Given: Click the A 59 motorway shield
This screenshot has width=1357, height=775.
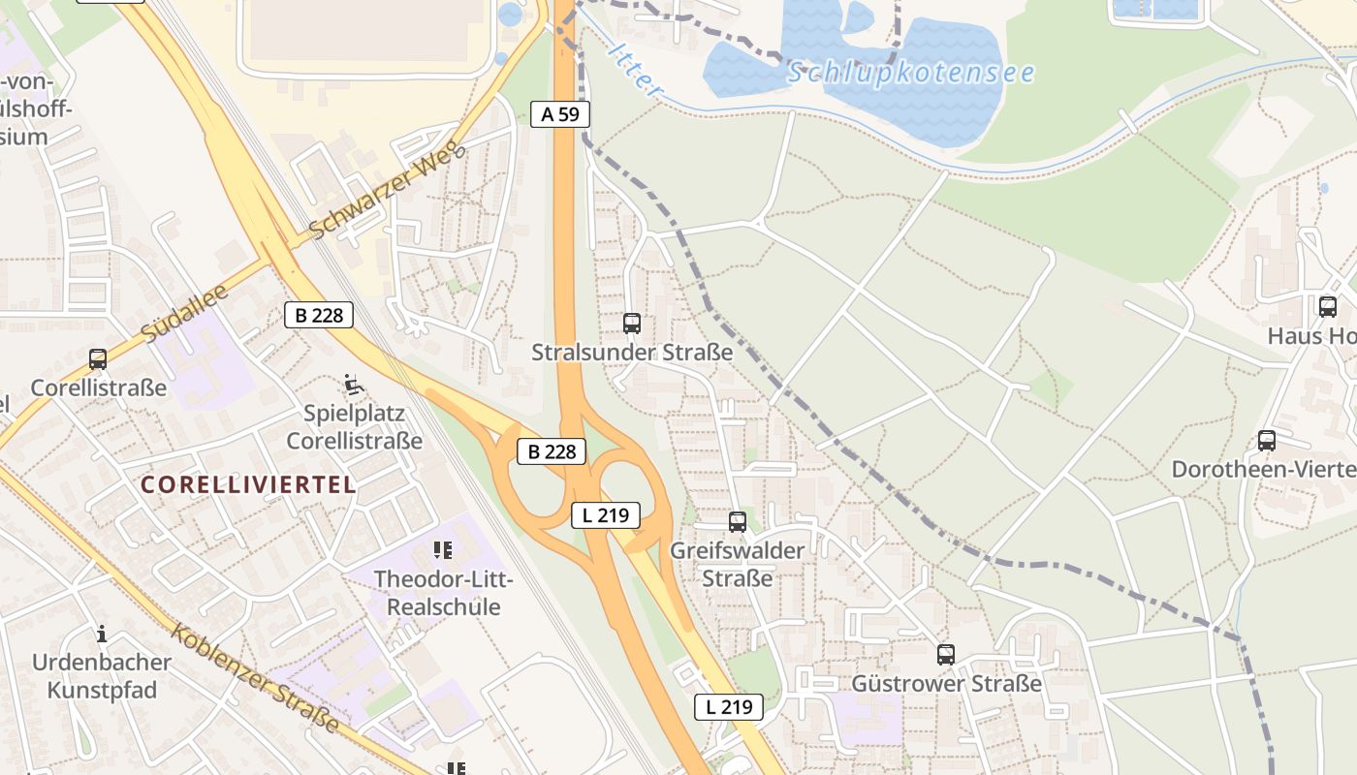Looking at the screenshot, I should click(560, 114).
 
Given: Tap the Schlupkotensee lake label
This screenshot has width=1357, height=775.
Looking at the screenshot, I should click(910, 73).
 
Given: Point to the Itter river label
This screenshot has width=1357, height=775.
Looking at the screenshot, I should click(636, 69).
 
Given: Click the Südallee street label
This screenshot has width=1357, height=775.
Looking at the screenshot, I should click(183, 312).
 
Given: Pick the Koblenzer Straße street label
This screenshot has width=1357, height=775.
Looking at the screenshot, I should click(256, 678).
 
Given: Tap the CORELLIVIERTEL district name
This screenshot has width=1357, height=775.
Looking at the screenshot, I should click(248, 485).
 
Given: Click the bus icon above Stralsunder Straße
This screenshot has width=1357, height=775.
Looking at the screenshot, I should click(632, 324).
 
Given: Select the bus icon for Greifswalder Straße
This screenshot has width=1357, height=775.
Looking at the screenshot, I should click(738, 522).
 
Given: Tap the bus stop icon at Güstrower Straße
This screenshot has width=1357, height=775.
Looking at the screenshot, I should click(946, 655).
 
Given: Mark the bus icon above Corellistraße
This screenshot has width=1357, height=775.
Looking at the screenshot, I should click(98, 359).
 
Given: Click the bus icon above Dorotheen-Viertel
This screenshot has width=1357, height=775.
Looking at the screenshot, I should click(1267, 441).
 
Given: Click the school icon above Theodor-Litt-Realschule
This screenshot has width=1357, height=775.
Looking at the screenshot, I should click(443, 551).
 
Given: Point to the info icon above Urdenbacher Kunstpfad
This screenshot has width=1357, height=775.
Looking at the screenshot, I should click(102, 635).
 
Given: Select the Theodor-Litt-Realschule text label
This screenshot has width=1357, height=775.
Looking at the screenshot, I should click(444, 594).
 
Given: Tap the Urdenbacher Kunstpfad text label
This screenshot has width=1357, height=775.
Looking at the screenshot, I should click(102, 677).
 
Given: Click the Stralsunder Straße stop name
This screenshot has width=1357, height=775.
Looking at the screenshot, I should click(632, 353).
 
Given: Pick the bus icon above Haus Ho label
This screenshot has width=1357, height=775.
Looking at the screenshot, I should click(1328, 307).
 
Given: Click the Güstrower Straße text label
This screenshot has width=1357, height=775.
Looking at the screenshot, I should click(946, 684).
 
